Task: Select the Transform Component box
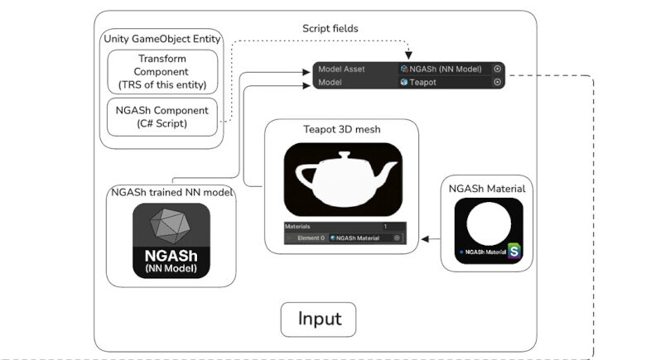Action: tap(162, 72)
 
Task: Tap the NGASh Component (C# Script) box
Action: tap(162, 117)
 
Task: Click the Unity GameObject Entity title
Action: tap(162, 39)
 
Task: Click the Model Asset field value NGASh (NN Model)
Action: tap(444, 70)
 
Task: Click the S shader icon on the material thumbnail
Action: tap(514, 250)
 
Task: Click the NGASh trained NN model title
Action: tap(172, 193)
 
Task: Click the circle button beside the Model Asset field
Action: tap(497, 70)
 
